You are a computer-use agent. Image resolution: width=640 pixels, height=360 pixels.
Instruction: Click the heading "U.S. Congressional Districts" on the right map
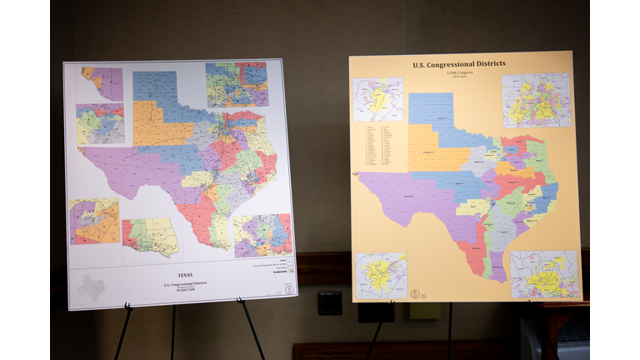tap(459, 64)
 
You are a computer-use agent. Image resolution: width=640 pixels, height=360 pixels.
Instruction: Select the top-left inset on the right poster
tap(377, 99)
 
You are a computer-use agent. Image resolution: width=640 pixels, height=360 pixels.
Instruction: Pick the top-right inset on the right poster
tap(536, 100)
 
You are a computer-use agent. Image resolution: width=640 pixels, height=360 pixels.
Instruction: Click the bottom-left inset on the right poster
tap(382, 275)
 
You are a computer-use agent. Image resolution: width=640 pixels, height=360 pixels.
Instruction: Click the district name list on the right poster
tap(382, 142)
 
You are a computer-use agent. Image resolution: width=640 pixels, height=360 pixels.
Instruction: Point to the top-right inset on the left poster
tap(237, 84)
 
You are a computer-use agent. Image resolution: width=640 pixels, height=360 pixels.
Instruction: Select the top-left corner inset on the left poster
tap(102, 83)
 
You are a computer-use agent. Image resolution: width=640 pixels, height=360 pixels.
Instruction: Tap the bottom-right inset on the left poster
tap(262, 235)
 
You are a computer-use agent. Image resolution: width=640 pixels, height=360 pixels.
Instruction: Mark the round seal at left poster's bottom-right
tap(288, 291)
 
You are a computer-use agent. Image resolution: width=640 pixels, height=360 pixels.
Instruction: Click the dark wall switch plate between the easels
tap(329, 302)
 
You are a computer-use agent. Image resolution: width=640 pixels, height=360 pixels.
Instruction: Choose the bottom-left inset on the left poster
tap(94, 222)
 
